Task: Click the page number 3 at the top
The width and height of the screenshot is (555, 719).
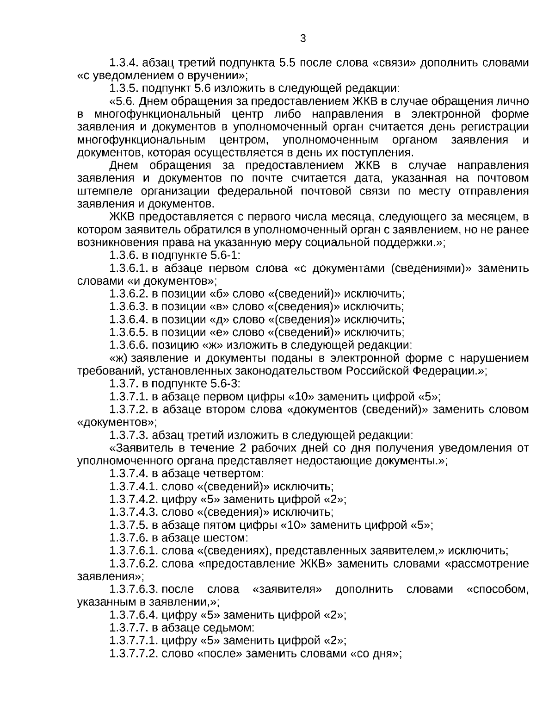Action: click(x=303, y=38)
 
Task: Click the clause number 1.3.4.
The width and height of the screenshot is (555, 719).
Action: click(x=124, y=63)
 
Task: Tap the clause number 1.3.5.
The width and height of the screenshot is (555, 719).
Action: click(x=124, y=88)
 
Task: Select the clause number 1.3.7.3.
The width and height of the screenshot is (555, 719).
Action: click(x=129, y=435)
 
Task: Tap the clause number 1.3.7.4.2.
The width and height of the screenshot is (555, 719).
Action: click(x=133, y=499)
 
